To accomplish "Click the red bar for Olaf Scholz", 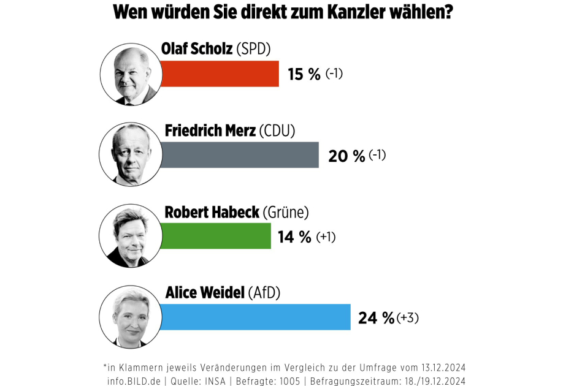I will coord(220,74).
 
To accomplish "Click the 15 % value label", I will coord(304,74).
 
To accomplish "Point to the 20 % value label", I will coord(346,156).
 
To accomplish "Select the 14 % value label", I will coord(295,237).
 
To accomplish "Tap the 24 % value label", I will coord(376,318).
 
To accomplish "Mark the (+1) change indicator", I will coord(326,237).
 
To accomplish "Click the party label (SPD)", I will coord(253,49).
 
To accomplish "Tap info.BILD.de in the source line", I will coord(133,380).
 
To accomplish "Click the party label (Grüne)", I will coord(286,212).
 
